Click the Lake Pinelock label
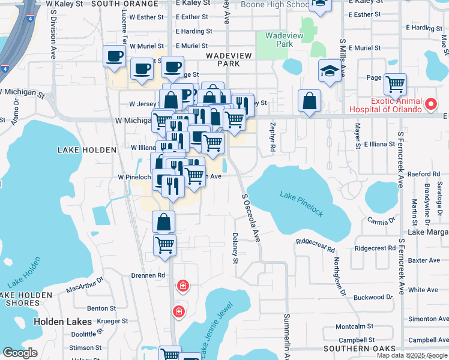(x=301, y=203)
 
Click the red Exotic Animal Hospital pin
(x=430, y=104)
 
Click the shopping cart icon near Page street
(x=395, y=84)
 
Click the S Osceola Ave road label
(x=251, y=217)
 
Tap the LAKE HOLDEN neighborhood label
(x=86, y=149)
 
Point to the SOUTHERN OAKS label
(x=359, y=349)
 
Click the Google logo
(x=20, y=353)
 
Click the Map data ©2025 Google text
(x=412, y=355)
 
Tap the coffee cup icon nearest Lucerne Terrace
(x=113, y=57)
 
